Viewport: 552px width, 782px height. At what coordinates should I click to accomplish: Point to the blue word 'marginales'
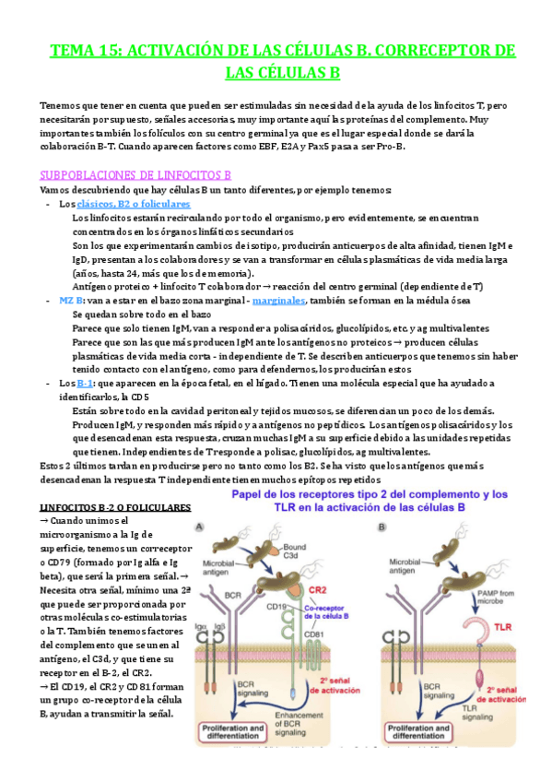click(x=282, y=301)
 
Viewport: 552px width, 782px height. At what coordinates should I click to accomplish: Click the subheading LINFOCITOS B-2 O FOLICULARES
click(x=116, y=508)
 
